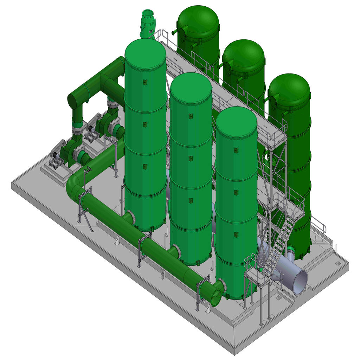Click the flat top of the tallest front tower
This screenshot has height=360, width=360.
[x=145, y=53]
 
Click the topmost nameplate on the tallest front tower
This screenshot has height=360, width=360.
[x=145, y=82]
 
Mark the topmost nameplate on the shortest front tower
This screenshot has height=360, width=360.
[x=236, y=150]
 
